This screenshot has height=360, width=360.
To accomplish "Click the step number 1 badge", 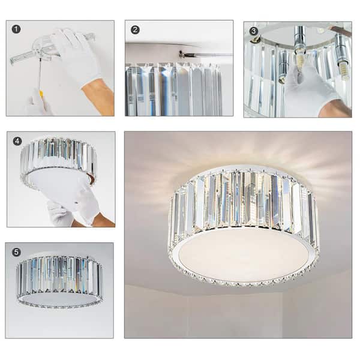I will [x=16, y=29].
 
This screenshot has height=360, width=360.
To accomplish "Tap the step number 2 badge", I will [x=135, y=29].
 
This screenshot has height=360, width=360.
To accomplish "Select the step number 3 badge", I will [x=254, y=31].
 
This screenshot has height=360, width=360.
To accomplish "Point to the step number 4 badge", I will [x=17, y=142].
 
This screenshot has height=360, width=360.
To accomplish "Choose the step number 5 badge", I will [x=16, y=252].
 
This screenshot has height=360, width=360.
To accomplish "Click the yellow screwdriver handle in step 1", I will [x=41, y=95].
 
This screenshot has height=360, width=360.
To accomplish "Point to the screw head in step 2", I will [x=181, y=55].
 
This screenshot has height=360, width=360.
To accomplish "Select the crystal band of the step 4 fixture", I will [x=57, y=156].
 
